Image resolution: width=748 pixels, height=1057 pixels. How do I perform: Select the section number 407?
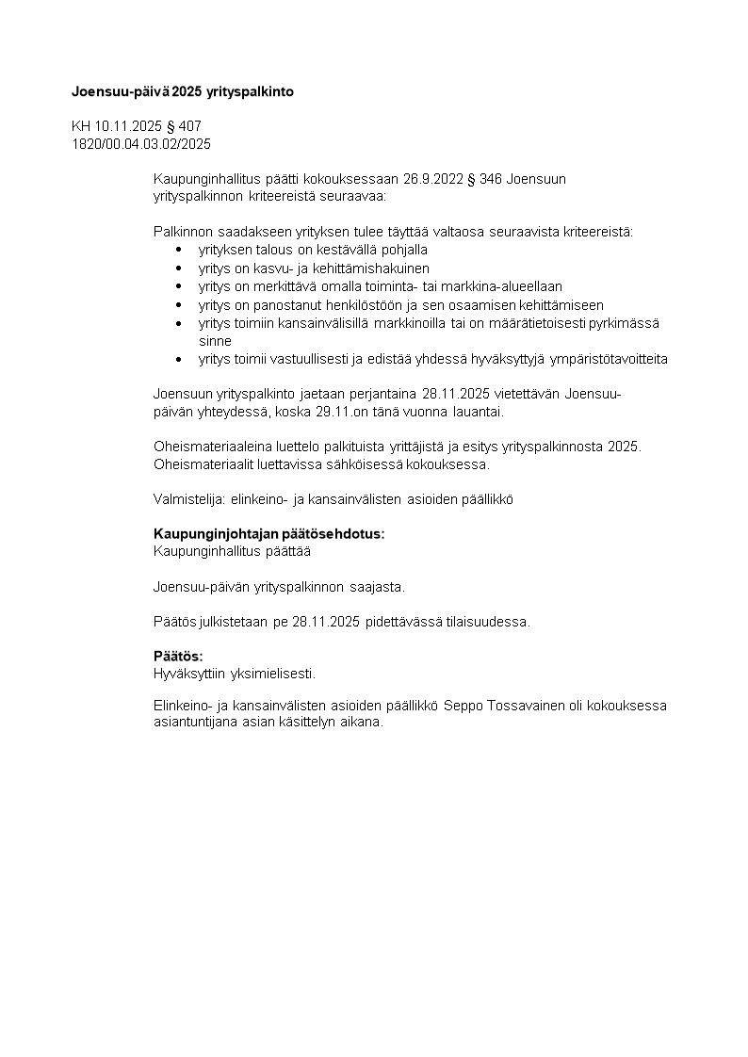point(190,126)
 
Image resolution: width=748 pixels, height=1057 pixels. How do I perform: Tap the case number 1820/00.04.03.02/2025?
point(141,144)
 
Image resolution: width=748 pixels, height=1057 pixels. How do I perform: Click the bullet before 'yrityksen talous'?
point(179,251)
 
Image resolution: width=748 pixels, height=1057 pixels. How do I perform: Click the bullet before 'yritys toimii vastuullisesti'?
point(179,360)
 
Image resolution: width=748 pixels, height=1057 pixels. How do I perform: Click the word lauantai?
point(476,412)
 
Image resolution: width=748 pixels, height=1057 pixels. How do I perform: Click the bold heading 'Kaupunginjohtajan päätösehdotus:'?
point(269,534)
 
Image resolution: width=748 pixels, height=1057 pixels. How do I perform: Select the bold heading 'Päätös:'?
point(178,656)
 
